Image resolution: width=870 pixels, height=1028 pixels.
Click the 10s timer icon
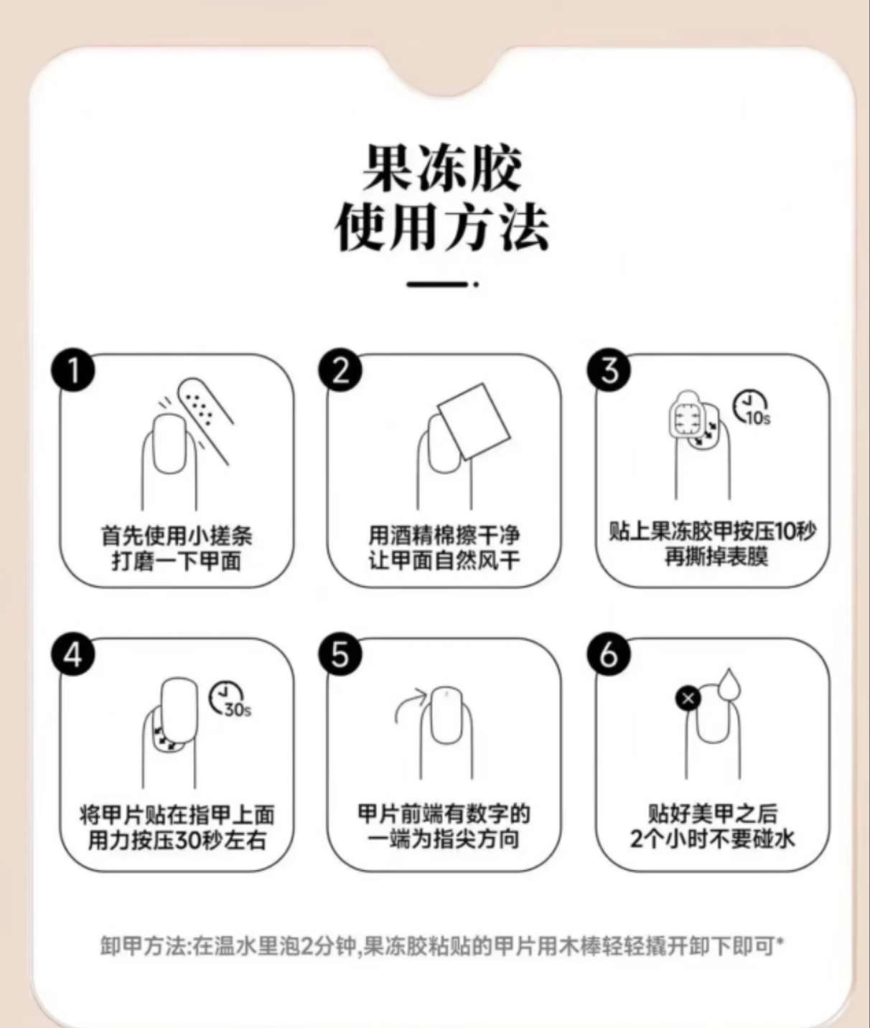[751, 407]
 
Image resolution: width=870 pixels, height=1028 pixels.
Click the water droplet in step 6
[729, 685]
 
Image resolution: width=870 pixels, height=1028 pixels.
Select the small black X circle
[688, 699]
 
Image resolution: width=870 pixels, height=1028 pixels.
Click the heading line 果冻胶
[442, 168]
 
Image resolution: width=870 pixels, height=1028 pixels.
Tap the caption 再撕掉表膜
[716, 557]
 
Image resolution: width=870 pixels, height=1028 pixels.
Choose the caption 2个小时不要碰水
[713, 839]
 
